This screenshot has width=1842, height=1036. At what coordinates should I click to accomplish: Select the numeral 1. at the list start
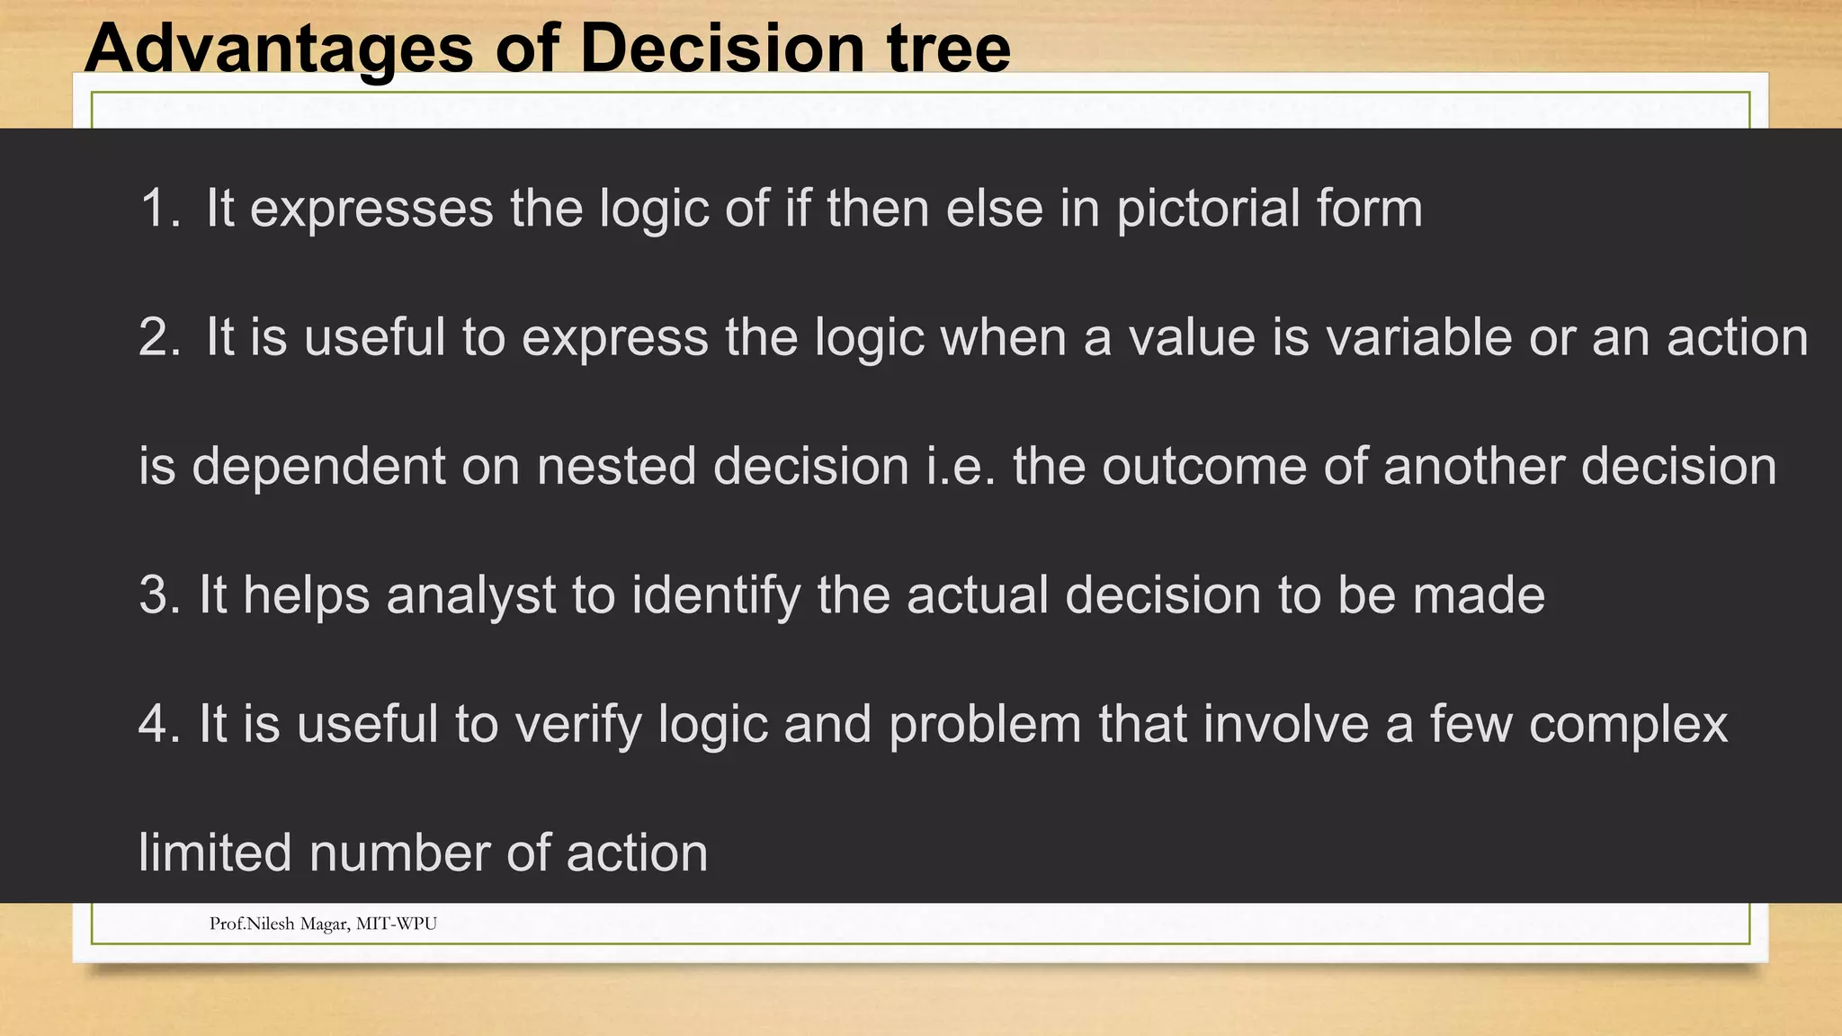point(160,209)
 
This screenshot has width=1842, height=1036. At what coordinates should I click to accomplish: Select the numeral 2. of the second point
point(160,337)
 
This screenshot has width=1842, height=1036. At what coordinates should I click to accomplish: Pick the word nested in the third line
point(616,466)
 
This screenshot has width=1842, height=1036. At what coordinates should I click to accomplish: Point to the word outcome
point(1204,466)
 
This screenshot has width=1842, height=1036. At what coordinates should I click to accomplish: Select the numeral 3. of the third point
point(159,595)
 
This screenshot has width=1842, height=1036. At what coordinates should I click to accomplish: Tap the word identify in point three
point(716,595)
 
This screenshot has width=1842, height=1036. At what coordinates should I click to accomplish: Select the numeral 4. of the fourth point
point(159,724)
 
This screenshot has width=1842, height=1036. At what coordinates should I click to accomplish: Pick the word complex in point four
point(1628,724)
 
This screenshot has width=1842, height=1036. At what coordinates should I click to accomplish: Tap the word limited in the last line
point(215,853)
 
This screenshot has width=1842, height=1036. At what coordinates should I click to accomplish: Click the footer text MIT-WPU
point(397,924)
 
